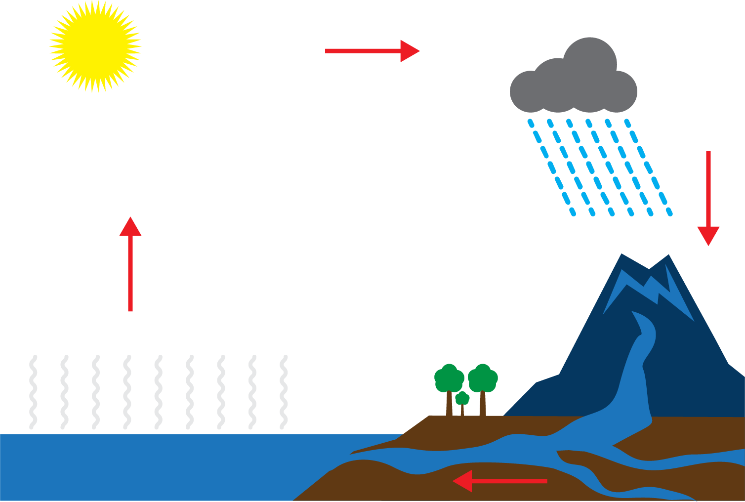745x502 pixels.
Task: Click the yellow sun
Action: [95, 46]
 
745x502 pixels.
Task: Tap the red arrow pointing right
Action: [371, 51]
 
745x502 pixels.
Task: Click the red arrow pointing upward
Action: [130, 267]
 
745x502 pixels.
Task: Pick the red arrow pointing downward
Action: [708, 198]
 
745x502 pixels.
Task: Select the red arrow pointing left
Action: [499, 481]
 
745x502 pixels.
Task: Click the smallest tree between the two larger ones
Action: [462, 398]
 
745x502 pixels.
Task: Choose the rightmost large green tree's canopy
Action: [483, 378]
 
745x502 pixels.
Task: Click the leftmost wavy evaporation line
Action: [33, 392]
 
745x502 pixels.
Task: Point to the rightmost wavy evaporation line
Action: [284, 392]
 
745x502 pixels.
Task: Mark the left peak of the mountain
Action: [622, 257]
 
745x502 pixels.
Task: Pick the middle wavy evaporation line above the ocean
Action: [158, 392]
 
